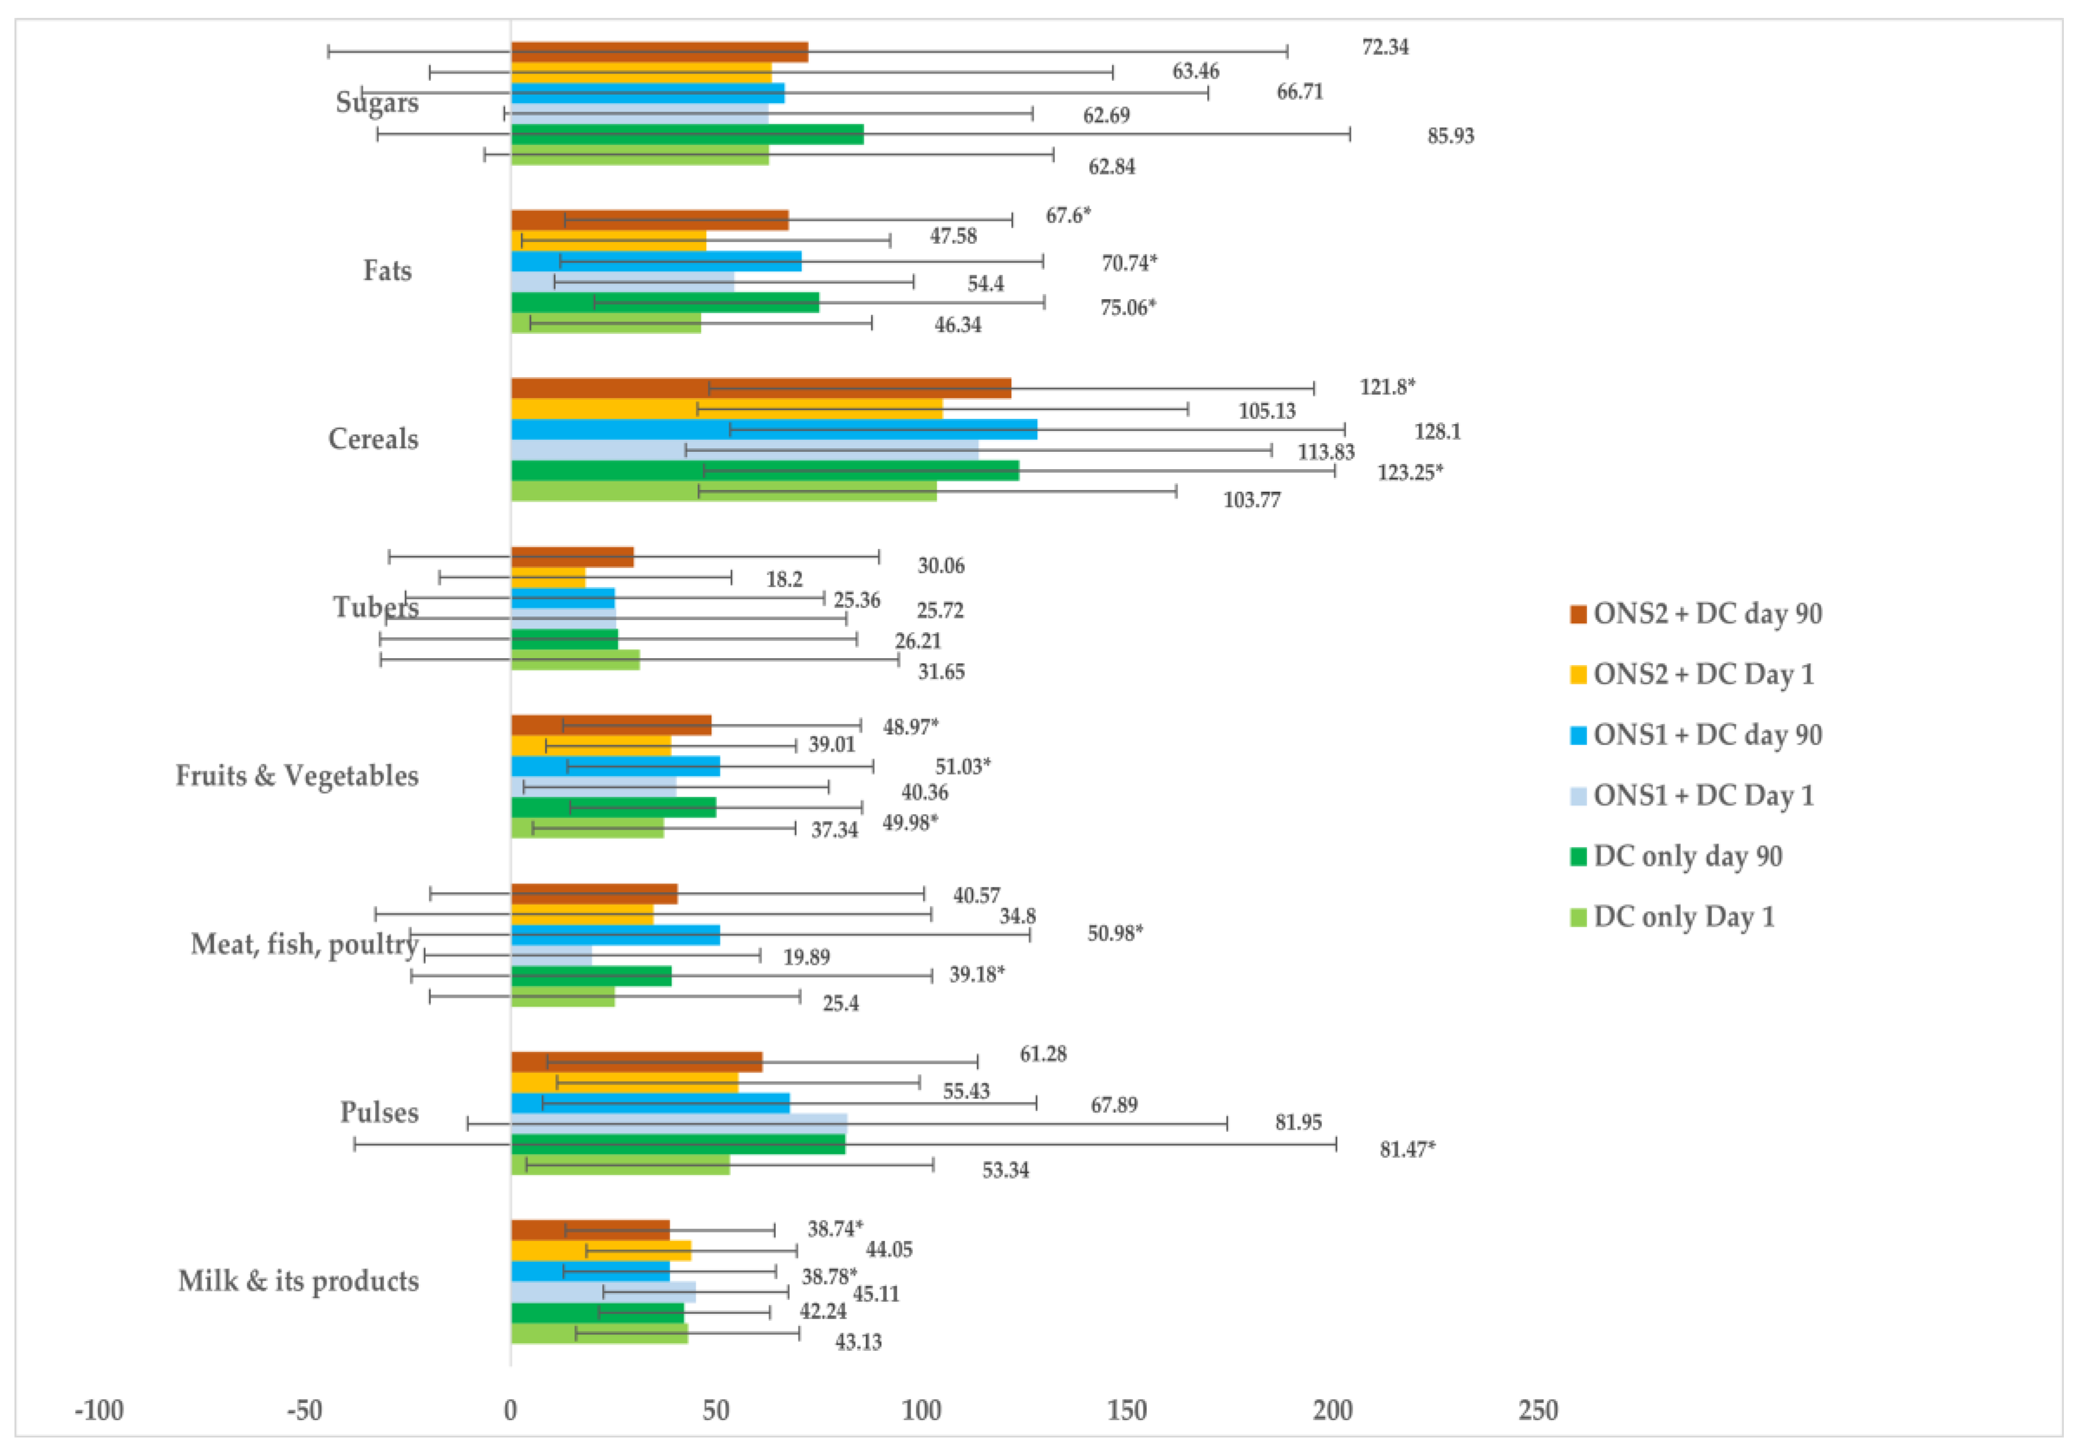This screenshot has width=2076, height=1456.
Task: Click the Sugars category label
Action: pyautogui.click(x=377, y=102)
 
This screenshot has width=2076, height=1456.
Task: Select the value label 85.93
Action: pyautogui.click(x=1450, y=136)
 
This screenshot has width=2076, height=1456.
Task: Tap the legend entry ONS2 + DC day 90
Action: pyautogui.click(x=1706, y=614)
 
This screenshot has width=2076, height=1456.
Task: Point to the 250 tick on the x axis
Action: pyautogui.click(x=1538, y=1411)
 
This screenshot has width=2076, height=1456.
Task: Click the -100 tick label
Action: pyautogui.click(x=99, y=1411)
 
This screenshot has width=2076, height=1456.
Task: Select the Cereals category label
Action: pyautogui.click(x=373, y=440)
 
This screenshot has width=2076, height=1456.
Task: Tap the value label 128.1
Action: pyautogui.click(x=1437, y=432)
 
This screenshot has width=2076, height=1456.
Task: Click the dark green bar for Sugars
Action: pyautogui.click(x=687, y=135)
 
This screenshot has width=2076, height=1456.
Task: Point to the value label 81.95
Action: pyautogui.click(x=1298, y=1122)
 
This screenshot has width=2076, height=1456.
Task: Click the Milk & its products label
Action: pyautogui.click(x=298, y=1282)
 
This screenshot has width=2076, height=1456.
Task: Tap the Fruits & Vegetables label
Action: pyautogui.click(x=296, y=776)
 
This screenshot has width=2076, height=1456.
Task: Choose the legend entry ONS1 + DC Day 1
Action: pyautogui.click(x=1703, y=796)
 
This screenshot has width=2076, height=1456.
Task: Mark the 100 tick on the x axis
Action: pyautogui.click(x=922, y=1411)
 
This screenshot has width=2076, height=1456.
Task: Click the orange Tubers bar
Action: pyautogui.click(x=548, y=578)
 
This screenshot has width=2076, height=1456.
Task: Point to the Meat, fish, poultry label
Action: pyautogui.click(x=304, y=944)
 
